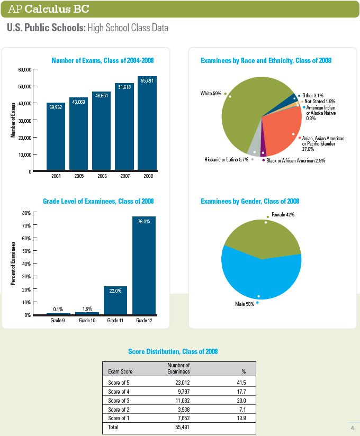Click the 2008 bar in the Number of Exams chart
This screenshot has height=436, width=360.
[x=147, y=123]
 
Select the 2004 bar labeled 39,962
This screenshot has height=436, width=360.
[x=56, y=137]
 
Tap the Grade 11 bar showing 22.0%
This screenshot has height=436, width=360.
[x=115, y=301]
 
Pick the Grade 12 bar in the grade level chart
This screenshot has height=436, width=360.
[x=144, y=266]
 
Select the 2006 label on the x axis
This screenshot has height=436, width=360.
[x=102, y=176]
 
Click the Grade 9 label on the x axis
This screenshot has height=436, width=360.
[x=58, y=320]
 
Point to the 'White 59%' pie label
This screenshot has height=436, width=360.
[x=211, y=94]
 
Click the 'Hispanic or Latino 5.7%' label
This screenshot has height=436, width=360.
[x=226, y=160]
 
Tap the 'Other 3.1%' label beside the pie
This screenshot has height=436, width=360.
[x=313, y=95]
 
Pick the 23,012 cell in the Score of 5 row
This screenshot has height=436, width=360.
[x=183, y=383]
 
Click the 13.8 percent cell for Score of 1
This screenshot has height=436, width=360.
[x=241, y=418]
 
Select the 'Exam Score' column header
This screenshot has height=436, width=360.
[x=120, y=371]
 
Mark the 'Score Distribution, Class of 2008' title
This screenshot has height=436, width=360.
[x=173, y=351]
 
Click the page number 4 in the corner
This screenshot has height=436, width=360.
[x=353, y=428]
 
